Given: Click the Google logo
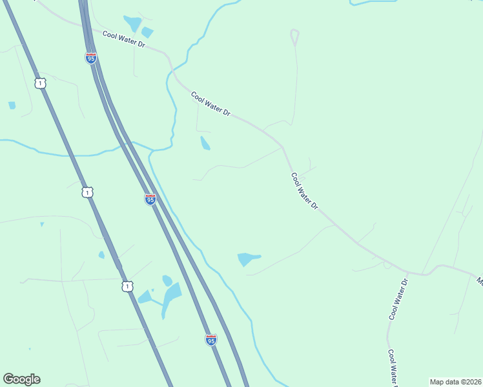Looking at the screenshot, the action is pyautogui.click(x=21, y=379).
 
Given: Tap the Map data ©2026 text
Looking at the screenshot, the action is pyautogui.click(x=455, y=382).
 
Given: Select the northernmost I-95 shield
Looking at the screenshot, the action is pyautogui.click(x=91, y=58).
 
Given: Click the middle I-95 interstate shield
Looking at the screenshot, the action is pyautogui.click(x=150, y=199).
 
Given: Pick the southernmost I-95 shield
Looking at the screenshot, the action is pyautogui.click(x=211, y=339).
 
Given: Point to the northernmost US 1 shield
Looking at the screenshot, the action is pyautogui.click(x=41, y=83).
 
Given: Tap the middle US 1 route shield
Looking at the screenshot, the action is pyautogui.click(x=87, y=192).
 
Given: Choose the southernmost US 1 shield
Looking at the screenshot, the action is pyautogui.click(x=127, y=285).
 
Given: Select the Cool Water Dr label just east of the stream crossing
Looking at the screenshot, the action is pyautogui.click(x=211, y=103).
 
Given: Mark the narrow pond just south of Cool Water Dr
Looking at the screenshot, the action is pyautogui.click(x=205, y=143).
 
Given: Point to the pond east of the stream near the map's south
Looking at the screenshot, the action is pyautogui.click(x=247, y=259).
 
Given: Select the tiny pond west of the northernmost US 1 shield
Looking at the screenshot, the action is pyautogui.click(x=12, y=105).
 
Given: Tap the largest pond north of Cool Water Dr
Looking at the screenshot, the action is pyautogui.click(x=132, y=24).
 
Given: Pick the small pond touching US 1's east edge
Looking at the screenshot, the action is pyautogui.click(x=101, y=255).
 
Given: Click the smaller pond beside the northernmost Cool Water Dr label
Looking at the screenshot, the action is pyautogui.click(x=147, y=32).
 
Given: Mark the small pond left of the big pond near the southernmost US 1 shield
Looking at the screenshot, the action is pyautogui.click(x=145, y=297).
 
